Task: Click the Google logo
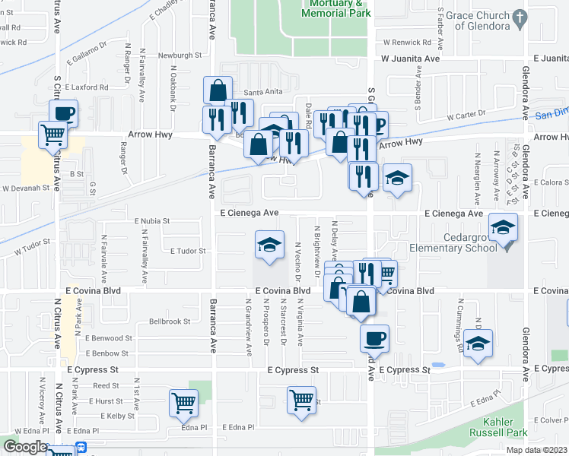24,447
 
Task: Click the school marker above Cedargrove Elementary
503,230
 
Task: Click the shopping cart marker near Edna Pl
183,404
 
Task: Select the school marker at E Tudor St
269,245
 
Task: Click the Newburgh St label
180,55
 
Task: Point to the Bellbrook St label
170,321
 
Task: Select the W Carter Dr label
466,116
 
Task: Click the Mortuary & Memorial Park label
330,8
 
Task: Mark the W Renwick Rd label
407,42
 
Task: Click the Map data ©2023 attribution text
538,450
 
